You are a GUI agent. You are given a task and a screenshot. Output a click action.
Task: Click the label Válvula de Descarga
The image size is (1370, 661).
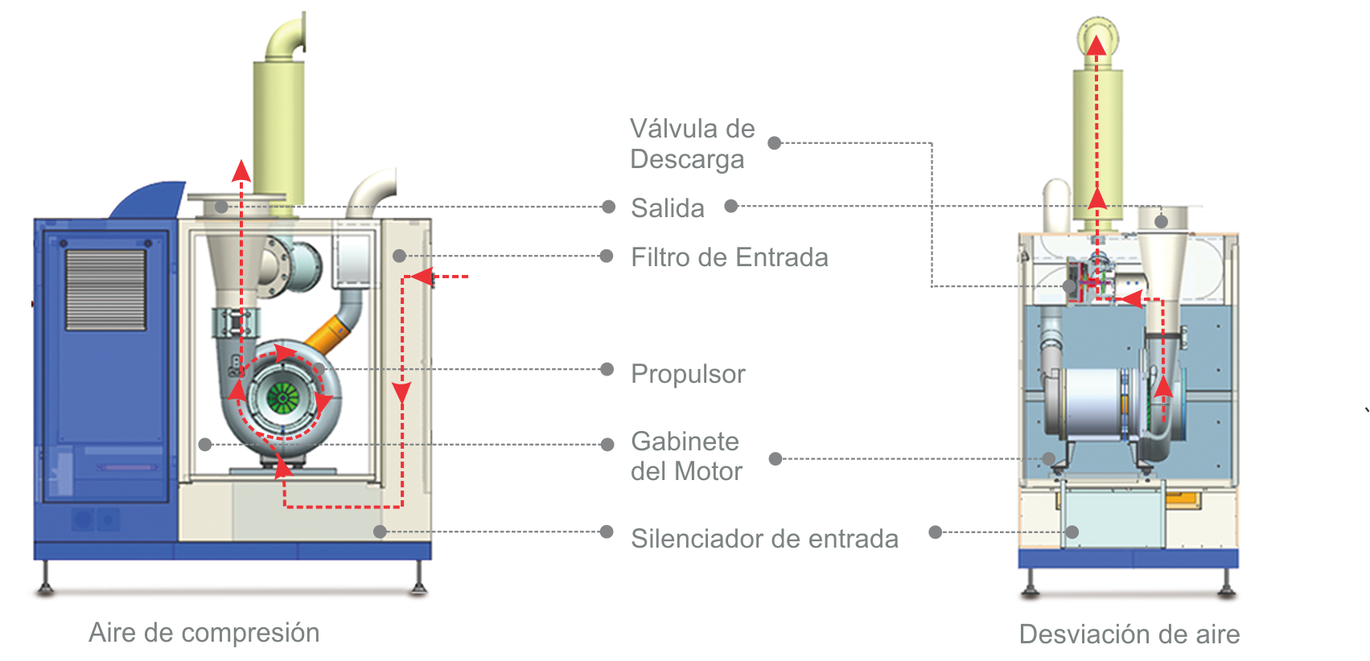pyautogui.click(x=691, y=144)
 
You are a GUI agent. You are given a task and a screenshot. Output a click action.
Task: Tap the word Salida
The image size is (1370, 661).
pyautogui.click(x=667, y=208)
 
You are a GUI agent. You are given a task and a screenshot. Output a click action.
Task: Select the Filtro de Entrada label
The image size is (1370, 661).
pyautogui.click(x=729, y=257)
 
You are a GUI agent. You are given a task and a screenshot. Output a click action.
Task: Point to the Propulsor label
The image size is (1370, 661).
pyautogui.click(x=688, y=374)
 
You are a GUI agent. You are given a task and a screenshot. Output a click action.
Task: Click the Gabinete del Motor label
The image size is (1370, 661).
pyautogui.click(x=685, y=456)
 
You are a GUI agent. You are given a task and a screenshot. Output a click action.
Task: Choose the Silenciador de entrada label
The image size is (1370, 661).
pyautogui.click(x=764, y=539)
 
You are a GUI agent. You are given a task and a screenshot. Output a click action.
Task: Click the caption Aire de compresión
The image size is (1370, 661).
pyautogui.click(x=204, y=633)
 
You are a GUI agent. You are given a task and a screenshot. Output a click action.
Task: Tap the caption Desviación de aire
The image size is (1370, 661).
pyautogui.click(x=1129, y=634)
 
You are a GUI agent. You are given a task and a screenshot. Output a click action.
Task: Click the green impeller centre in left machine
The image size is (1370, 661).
pyautogui.click(x=282, y=396)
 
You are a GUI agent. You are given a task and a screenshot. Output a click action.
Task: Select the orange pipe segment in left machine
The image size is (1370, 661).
pyautogui.click(x=329, y=335)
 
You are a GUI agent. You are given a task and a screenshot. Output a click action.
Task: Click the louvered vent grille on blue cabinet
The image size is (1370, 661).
pyautogui.click(x=105, y=289)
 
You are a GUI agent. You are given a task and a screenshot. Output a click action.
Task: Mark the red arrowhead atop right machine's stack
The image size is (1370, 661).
pyautogui.click(x=1096, y=45)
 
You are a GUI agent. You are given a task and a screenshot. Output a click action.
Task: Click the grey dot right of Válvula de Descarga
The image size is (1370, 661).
pyautogui.click(x=775, y=143)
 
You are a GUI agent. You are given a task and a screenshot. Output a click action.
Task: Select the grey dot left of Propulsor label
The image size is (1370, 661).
pyautogui.click(x=607, y=370)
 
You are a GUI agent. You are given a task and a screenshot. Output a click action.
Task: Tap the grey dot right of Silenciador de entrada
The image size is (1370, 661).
pyautogui.click(x=935, y=532)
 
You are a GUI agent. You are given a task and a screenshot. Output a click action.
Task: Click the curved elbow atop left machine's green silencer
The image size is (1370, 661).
pyautogui.click(x=288, y=38)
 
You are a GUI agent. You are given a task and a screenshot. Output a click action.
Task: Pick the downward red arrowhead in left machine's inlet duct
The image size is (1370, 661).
pyautogui.click(x=401, y=392)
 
